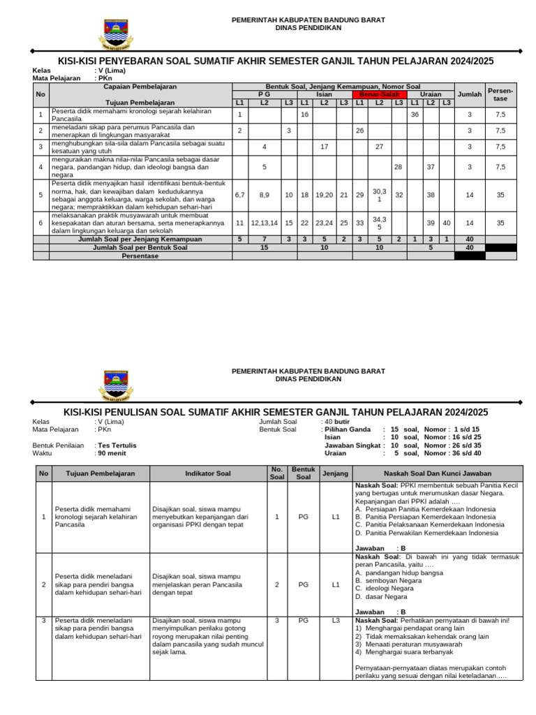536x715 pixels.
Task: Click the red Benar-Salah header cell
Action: pyautogui.click(x=379, y=94)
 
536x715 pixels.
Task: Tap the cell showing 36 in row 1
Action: pyautogui.click(x=415, y=115)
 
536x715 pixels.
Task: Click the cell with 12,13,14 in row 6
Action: pyautogui.click(x=265, y=223)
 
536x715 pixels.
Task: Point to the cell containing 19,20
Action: pyautogui.click(x=324, y=196)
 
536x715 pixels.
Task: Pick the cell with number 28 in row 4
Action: pyautogui.click(x=398, y=167)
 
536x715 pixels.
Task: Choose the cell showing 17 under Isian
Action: pyautogui.click(x=324, y=147)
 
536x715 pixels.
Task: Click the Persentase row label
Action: pyautogui.click(x=140, y=256)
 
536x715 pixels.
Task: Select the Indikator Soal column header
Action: pyautogui.click(x=207, y=473)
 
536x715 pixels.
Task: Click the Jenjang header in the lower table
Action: pyautogui.click(x=335, y=473)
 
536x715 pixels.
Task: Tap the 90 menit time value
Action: pyautogui.click(x=112, y=453)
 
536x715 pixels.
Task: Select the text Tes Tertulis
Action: pyautogui.click(x=117, y=445)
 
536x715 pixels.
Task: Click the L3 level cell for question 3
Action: pyautogui.click(x=335, y=620)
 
